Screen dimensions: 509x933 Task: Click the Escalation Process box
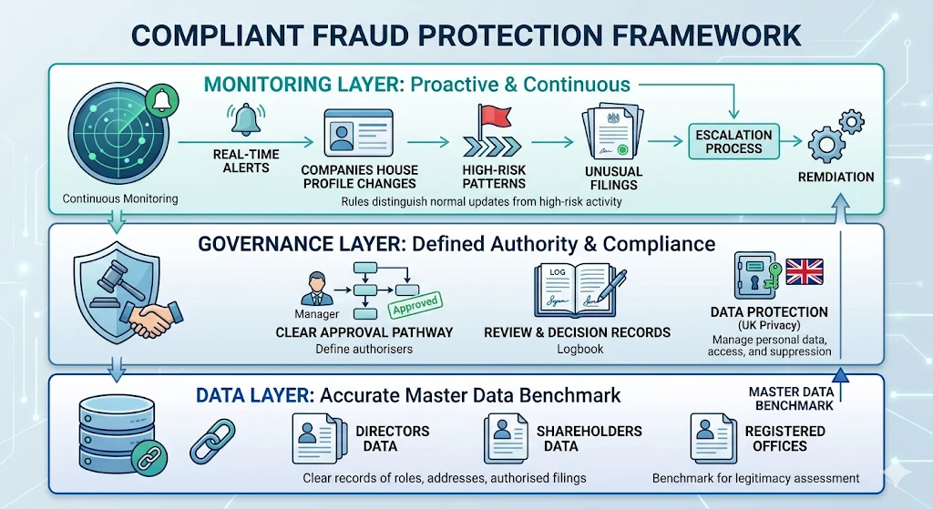[733, 141]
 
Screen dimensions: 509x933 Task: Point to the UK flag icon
[804, 272]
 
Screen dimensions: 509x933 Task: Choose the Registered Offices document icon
[713, 438]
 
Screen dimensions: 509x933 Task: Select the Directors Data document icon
[315, 438]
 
